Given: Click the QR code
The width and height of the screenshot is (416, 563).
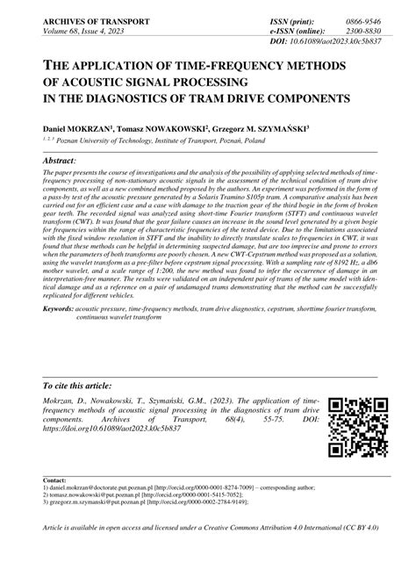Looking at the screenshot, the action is click(357, 427).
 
